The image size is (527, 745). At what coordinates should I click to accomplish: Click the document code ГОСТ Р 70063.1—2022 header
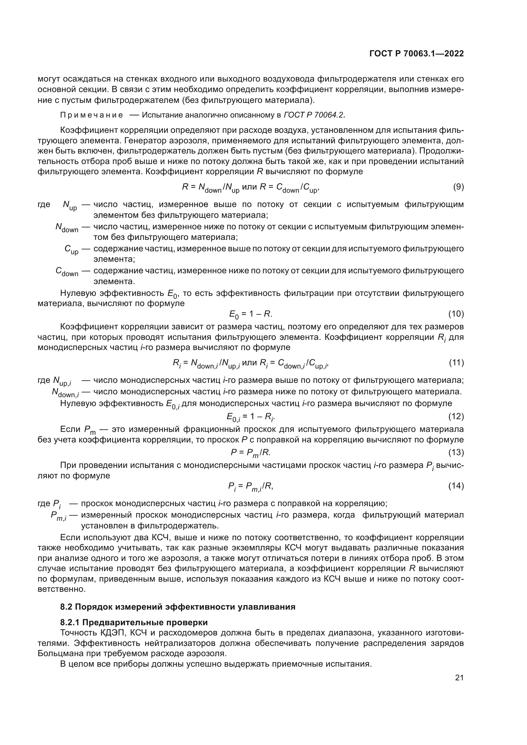coord(416,54)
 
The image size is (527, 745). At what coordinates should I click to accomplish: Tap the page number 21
coord(459,677)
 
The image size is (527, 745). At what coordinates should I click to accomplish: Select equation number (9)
coord(458,187)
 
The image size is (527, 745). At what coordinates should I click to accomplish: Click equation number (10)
coord(456,314)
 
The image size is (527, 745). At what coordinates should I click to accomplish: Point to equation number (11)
coord(456,363)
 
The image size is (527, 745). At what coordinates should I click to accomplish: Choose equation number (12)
coord(456,416)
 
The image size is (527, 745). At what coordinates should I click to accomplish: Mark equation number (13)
coord(456,452)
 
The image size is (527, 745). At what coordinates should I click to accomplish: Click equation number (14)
coord(456,486)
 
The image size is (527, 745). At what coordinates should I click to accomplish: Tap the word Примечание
coord(91,115)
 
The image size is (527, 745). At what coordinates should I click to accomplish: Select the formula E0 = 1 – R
coord(250,314)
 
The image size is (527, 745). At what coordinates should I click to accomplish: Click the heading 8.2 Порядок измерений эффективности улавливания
coord(177,607)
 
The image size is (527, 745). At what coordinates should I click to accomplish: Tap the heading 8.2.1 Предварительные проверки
coord(134,622)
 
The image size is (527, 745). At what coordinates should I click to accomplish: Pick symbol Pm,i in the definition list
coord(59,516)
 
